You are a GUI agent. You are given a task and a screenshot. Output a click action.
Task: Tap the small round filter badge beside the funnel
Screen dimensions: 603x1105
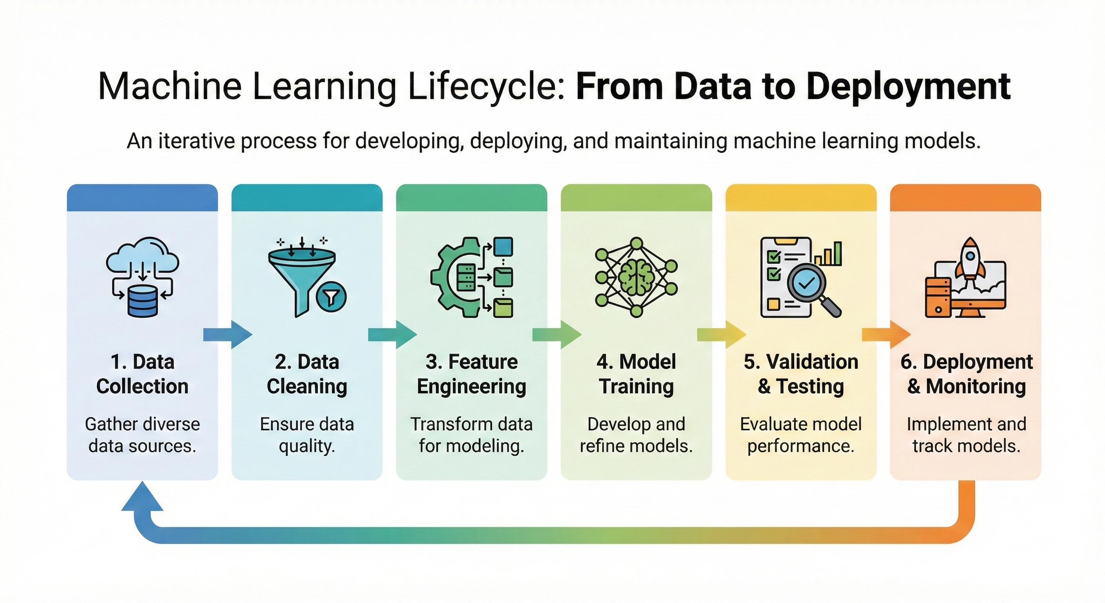pyautogui.click(x=331, y=296)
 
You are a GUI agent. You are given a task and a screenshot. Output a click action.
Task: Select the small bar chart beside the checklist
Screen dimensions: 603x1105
pyautogui.click(x=828, y=254)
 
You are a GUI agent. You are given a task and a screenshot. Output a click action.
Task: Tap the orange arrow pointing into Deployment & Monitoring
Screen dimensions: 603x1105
pyautogui.click(x=885, y=334)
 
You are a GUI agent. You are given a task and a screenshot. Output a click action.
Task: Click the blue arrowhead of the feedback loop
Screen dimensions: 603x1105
pyautogui.click(x=142, y=498)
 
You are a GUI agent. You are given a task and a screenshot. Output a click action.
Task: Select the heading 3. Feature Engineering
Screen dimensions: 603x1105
pyautogui.click(x=471, y=374)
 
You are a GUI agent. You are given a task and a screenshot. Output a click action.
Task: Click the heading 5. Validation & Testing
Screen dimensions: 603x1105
pyautogui.click(x=800, y=374)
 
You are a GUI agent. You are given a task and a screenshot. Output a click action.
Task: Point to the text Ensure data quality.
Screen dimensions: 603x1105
pyautogui.click(x=307, y=435)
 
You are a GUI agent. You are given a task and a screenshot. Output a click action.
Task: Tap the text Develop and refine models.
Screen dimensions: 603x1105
pyautogui.click(x=636, y=435)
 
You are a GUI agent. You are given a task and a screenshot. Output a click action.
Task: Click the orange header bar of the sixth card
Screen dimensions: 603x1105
pyautogui.click(x=965, y=198)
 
